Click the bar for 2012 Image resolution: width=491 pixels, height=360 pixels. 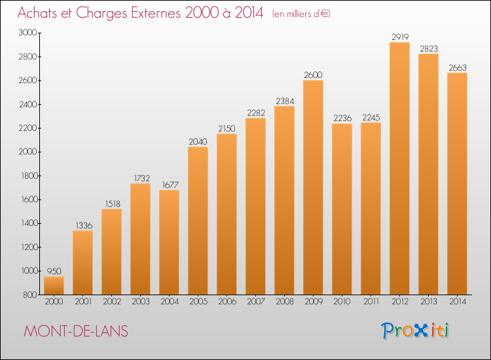[x=399, y=168]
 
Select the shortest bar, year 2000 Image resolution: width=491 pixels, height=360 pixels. [x=54, y=285]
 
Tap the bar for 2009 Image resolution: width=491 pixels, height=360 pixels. [x=313, y=187]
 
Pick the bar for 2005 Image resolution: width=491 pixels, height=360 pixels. [x=198, y=221]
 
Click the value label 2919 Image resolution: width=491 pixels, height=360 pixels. [x=400, y=37]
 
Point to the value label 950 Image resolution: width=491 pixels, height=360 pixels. [x=54, y=271]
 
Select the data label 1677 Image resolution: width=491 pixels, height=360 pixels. [x=170, y=185]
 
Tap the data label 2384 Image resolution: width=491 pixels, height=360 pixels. [x=285, y=101]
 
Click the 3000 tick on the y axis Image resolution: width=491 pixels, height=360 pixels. [x=27, y=33]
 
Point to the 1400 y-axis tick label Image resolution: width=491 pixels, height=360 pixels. [x=29, y=223]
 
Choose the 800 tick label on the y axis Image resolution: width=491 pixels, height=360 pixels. [x=30, y=295]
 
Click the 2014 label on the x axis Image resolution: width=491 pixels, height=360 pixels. [x=458, y=302]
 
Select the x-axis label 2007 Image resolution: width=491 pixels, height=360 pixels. [x=256, y=302]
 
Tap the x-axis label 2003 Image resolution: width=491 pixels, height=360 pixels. [x=141, y=302]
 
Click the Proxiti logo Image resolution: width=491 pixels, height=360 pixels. [x=415, y=331]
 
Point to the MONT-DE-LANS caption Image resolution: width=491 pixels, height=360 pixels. [x=76, y=331]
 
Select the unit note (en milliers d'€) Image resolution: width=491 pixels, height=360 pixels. [x=301, y=14]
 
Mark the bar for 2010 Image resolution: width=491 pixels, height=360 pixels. [x=342, y=209]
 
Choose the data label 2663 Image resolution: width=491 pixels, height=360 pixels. [x=458, y=67]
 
